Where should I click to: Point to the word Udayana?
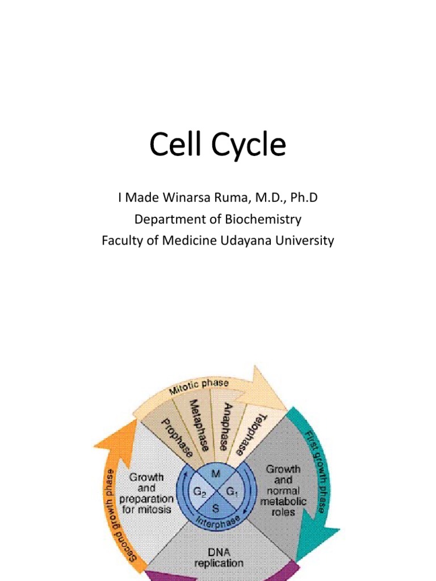click(x=247, y=241)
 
